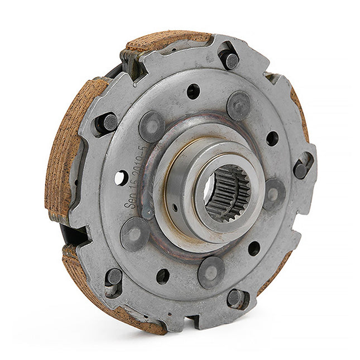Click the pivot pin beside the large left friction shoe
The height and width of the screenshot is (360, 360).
coord(109,122)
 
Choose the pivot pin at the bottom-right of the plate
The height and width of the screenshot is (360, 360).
coord(234,297)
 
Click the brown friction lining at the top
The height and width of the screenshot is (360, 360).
coord(167,42)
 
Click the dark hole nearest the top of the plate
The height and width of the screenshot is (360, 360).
coord(193,91)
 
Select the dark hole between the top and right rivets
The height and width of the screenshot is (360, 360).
coord(272,138)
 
